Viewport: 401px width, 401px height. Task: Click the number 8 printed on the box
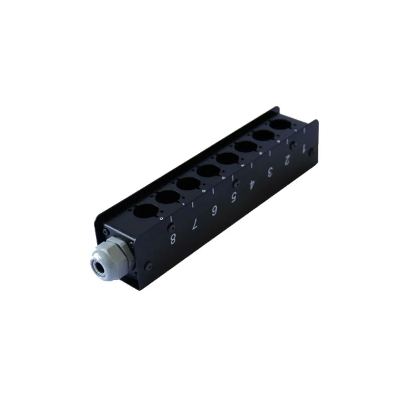click(x=173, y=239)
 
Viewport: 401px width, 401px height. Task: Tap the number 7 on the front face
click(x=195, y=225)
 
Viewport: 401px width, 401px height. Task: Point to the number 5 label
click(x=234, y=196)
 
